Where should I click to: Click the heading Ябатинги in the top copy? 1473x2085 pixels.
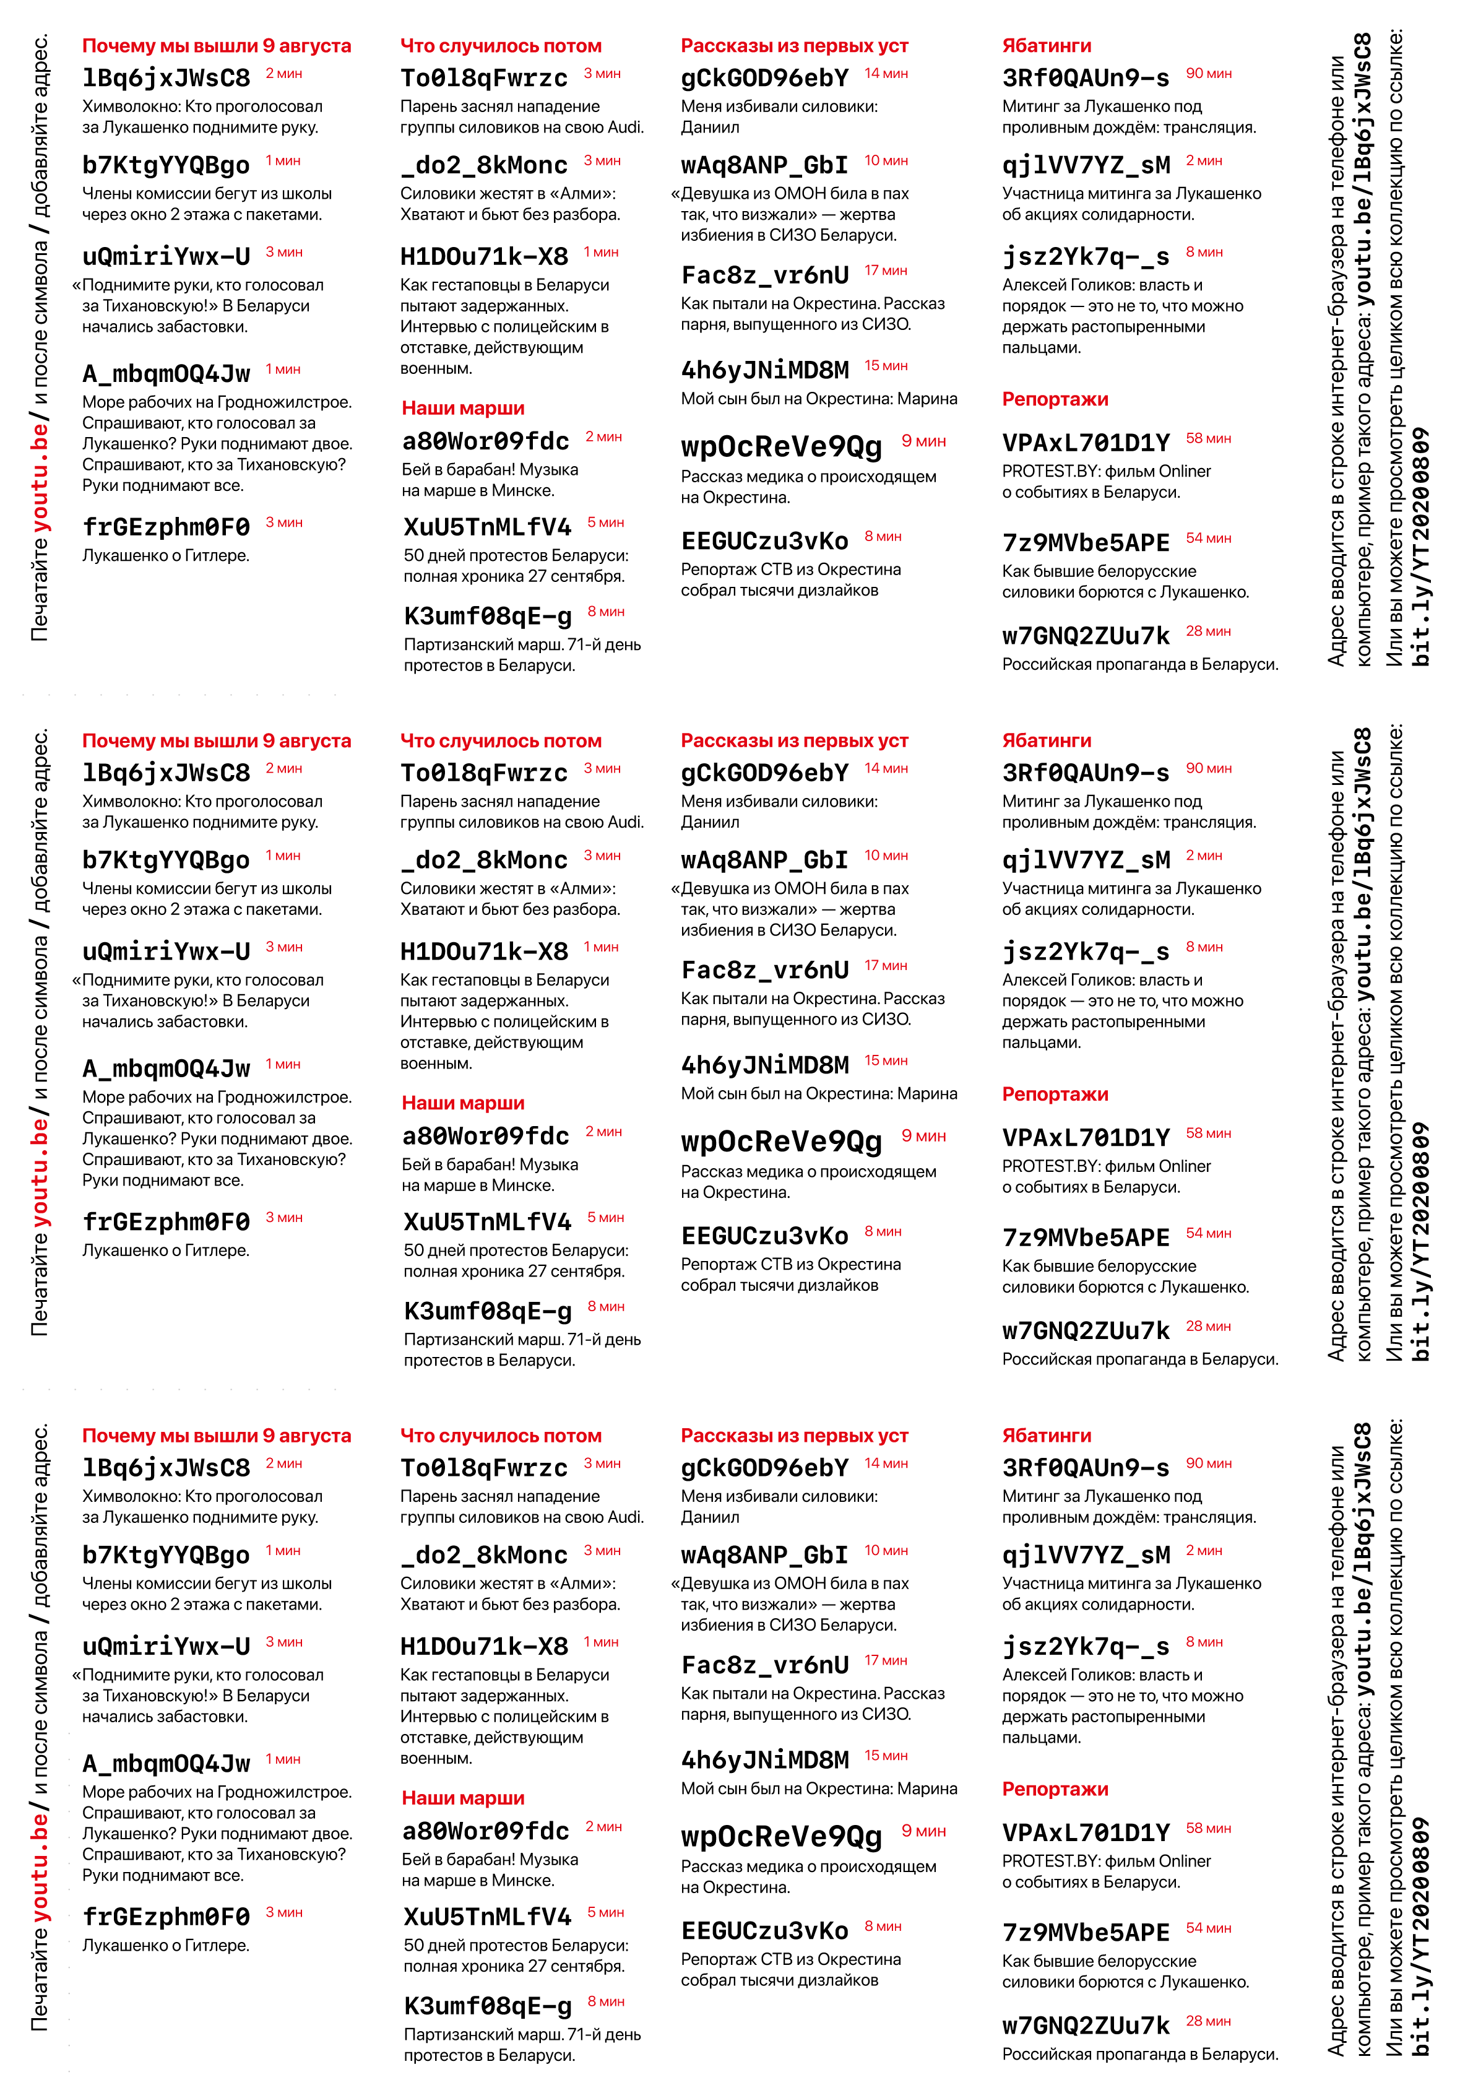tap(1046, 45)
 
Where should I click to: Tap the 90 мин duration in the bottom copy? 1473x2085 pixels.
tap(1208, 1463)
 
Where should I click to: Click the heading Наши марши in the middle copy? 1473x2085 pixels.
tap(463, 1103)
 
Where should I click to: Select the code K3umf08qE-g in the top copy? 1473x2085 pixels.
tap(488, 616)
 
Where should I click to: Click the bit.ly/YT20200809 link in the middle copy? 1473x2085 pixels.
tap(1422, 1242)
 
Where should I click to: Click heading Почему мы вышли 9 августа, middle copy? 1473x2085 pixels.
tap(216, 740)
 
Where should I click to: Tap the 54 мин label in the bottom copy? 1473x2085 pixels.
tap(1208, 1927)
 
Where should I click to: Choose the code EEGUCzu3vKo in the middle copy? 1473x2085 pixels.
tap(764, 1235)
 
